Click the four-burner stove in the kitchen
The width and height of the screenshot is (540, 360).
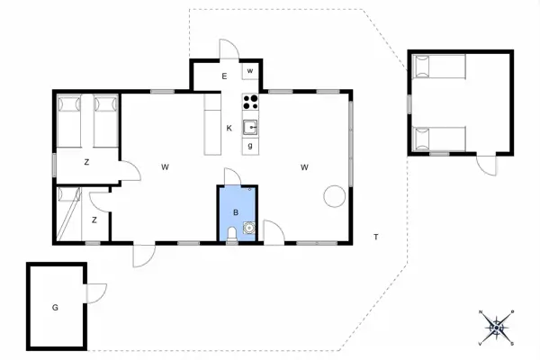[250, 102]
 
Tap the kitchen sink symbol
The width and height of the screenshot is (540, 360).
[250, 128]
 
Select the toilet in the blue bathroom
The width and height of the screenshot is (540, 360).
[232, 234]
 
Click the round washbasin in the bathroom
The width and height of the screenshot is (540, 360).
[248, 228]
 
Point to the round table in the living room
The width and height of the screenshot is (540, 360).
[335, 196]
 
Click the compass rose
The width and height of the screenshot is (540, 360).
[496, 327]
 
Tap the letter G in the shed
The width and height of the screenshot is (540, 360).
[55, 308]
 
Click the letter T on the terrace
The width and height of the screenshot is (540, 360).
[376, 237]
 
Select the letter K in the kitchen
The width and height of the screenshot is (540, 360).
[229, 129]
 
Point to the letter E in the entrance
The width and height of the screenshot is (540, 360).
[224, 76]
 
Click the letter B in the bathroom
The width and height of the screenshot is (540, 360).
[236, 212]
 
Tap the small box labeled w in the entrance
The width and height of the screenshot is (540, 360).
[250, 71]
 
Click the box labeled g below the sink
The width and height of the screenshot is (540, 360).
[250, 146]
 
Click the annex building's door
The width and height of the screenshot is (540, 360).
[487, 166]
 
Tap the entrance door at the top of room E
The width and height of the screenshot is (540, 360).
[229, 49]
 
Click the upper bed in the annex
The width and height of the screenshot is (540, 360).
[439, 67]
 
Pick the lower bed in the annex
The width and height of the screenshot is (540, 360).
[439, 139]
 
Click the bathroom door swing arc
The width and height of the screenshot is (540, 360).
[233, 176]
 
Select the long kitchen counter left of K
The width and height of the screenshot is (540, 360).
[212, 124]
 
